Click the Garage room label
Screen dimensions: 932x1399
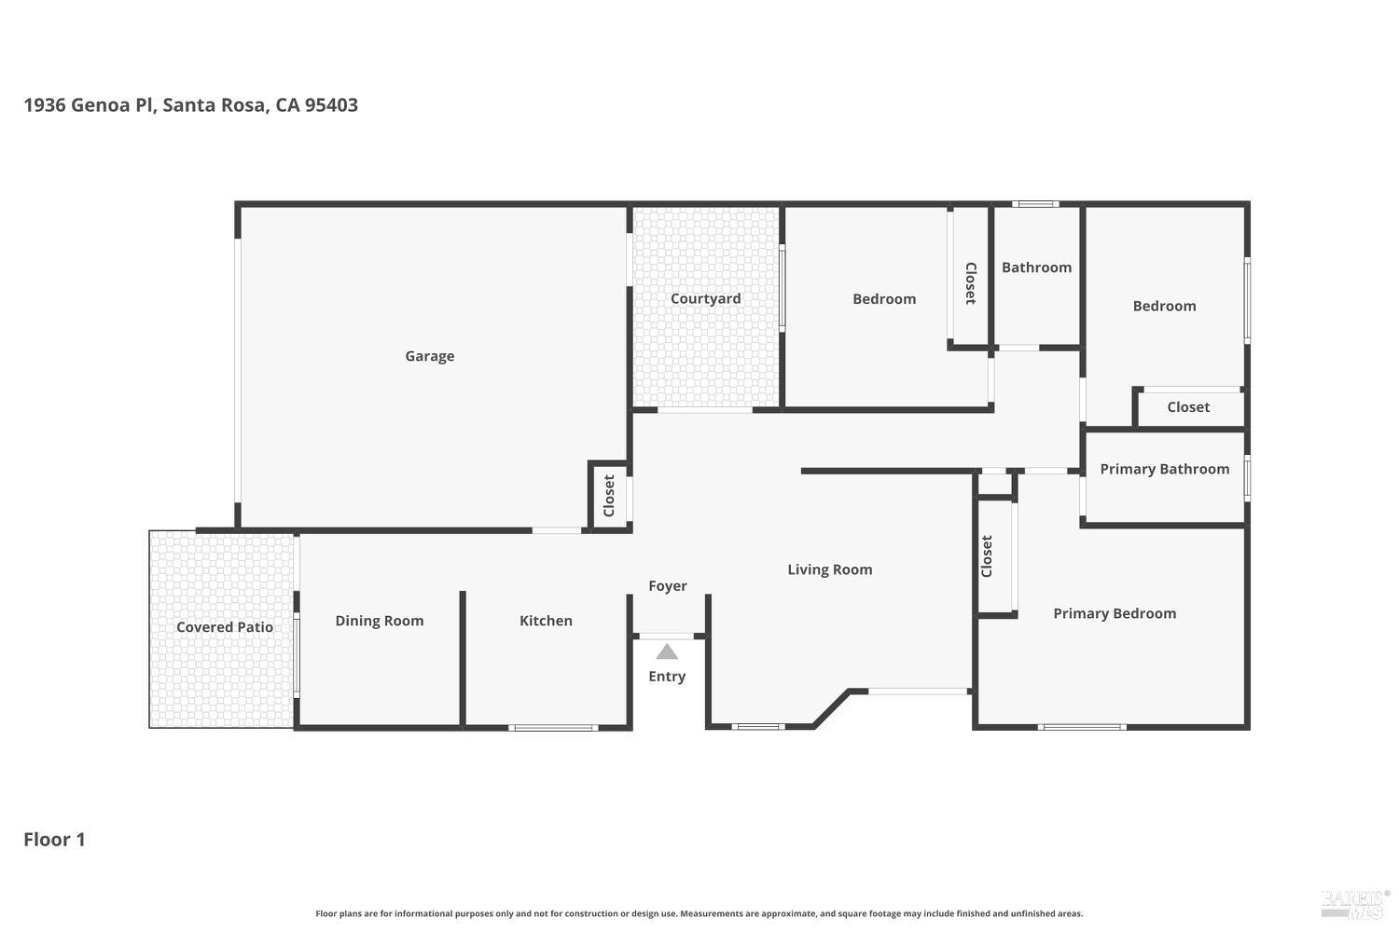coord(429,356)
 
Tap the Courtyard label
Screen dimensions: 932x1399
coord(705,298)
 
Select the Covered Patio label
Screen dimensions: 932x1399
coord(225,627)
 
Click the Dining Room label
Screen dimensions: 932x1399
coord(380,621)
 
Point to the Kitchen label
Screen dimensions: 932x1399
coord(546,621)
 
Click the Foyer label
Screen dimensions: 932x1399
coord(668,586)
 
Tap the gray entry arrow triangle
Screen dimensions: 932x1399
coord(667,651)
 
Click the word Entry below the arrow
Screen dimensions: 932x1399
coord(667,677)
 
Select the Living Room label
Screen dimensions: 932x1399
coord(829,569)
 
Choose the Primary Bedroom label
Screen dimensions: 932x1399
coord(1115,613)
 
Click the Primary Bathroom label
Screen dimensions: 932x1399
coord(1164,469)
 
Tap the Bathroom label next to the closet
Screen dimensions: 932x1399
coord(1036,267)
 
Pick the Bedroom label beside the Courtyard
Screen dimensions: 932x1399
coord(884,299)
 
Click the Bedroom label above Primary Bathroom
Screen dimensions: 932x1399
coord(1164,306)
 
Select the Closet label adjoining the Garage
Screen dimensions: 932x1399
coord(609,496)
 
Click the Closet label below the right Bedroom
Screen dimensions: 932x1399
coord(1188,407)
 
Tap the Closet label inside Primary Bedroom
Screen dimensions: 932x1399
coord(987,556)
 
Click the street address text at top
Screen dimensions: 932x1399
coord(190,104)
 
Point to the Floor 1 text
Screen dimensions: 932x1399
coord(54,839)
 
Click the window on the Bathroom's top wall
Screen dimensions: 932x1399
coord(1035,203)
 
